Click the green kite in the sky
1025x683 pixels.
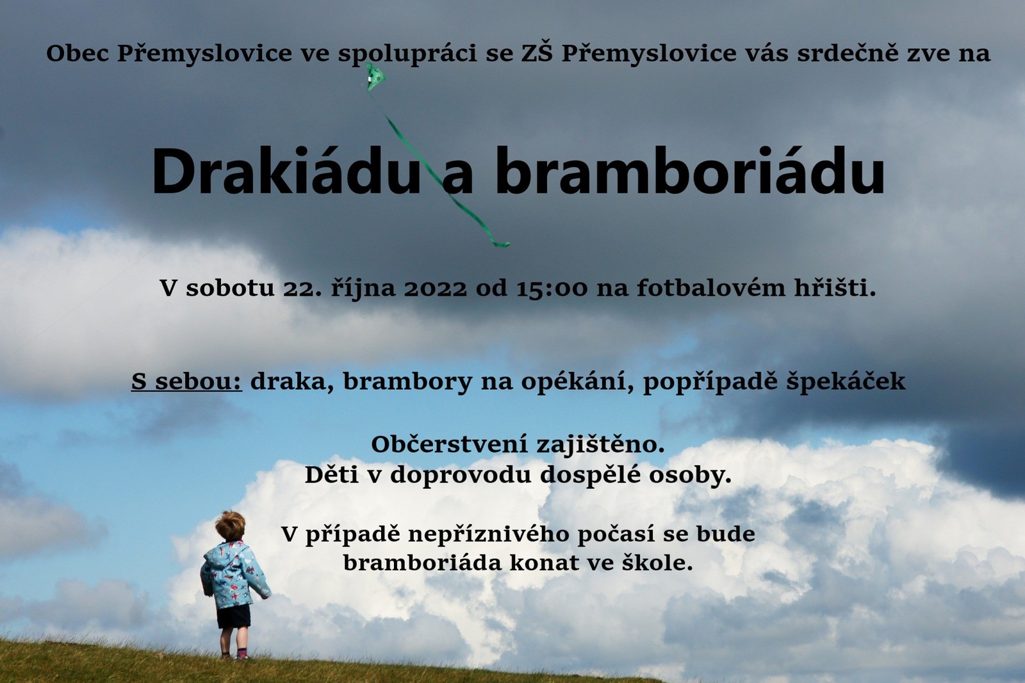pyautogui.click(x=375, y=76)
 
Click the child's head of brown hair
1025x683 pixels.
pyautogui.click(x=231, y=526)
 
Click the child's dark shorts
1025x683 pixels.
pyautogui.click(x=233, y=616)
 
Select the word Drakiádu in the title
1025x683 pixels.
pyautogui.click(x=286, y=172)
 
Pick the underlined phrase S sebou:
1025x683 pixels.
pyautogui.click(x=186, y=382)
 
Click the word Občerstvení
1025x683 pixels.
pyautogui.click(x=449, y=444)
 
